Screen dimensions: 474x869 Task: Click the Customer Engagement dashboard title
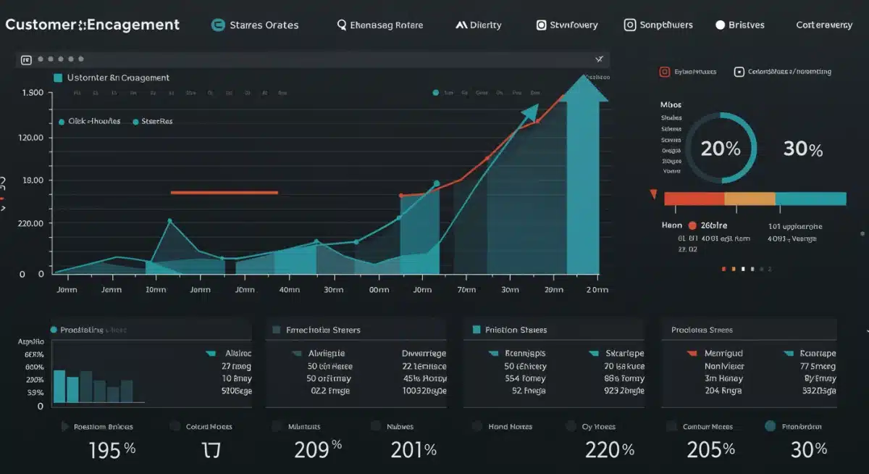tap(92, 25)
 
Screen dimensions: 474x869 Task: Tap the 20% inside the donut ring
tap(721, 149)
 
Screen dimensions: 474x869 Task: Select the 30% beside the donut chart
tap(803, 149)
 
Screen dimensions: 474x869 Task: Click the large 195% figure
tap(112, 449)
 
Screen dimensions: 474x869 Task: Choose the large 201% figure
tap(413, 449)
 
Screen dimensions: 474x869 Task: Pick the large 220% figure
tap(609, 449)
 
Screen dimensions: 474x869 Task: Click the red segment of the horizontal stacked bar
tap(694, 199)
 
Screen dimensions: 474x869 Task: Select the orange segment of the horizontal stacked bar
tap(750, 199)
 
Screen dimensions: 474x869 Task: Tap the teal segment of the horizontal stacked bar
tap(810, 199)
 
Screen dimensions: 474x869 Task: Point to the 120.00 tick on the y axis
tap(33, 138)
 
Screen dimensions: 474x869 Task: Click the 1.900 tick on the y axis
tap(33, 93)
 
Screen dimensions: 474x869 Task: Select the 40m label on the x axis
tap(289, 289)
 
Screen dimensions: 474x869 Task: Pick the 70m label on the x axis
tap(466, 289)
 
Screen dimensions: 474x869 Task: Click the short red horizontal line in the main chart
tap(224, 193)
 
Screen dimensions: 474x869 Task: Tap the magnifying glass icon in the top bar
tap(342, 25)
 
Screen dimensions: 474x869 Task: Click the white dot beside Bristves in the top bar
tap(720, 25)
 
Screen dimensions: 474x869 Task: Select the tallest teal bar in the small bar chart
tap(59, 386)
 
